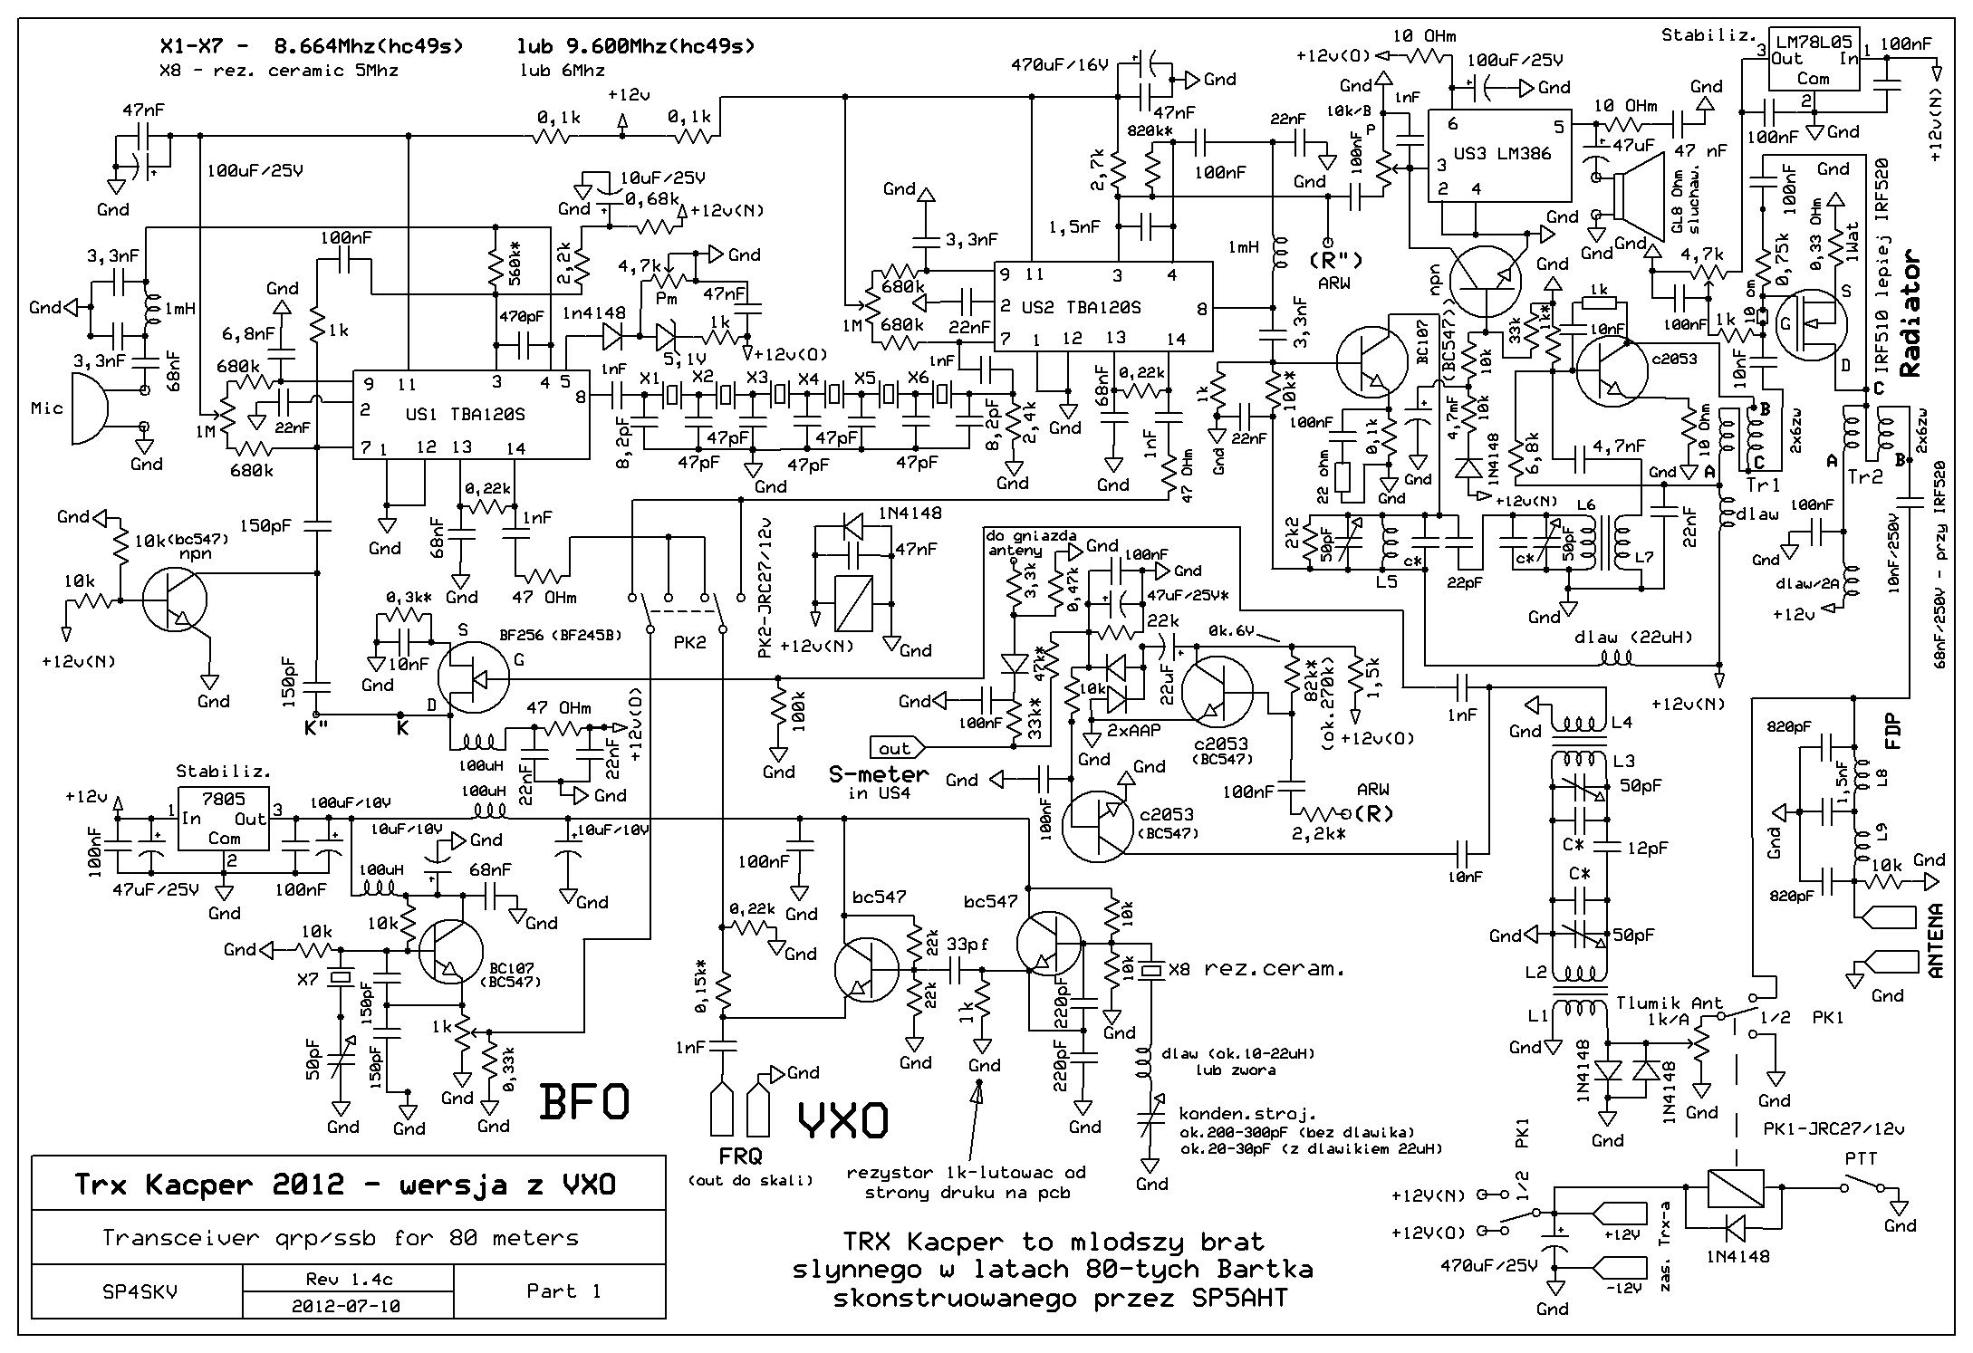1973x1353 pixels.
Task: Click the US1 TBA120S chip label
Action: tap(465, 414)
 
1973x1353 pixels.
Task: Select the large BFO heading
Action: tap(583, 1102)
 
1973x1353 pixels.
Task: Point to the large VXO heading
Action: tap(842, 1121)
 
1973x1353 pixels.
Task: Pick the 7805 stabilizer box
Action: tap(224, 819)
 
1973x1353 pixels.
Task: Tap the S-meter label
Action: tap(879, 775)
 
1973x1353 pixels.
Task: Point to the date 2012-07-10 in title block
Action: tap(346, 1306)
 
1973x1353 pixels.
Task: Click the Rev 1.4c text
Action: tap(349, 1279)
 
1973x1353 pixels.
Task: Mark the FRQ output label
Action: tap(740, 1156)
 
